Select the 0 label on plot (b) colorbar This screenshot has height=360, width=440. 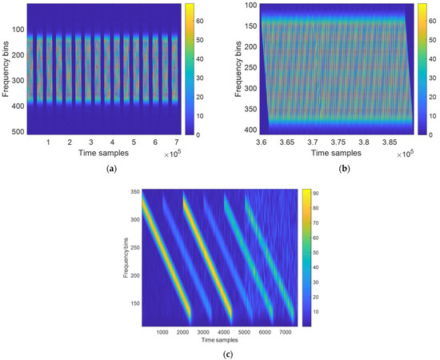point(422,134)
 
